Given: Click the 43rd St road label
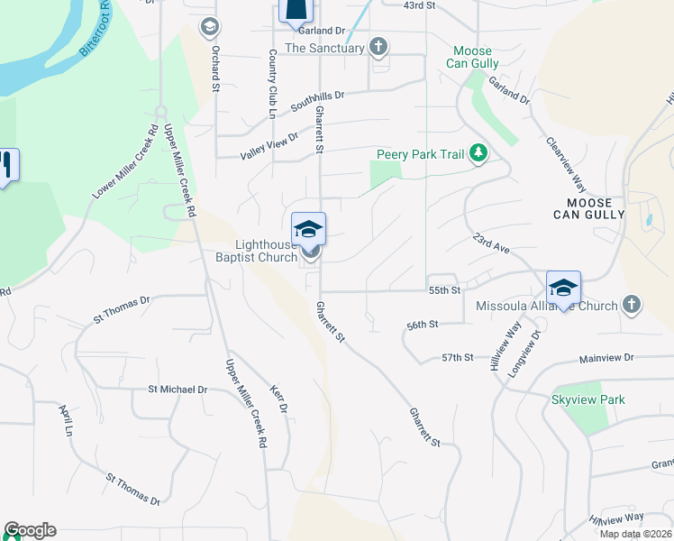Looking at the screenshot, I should (419, 5).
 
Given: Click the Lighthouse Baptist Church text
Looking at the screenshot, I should (267, 251).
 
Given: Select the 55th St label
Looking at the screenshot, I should (445, 290).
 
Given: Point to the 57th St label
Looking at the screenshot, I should (458, 358).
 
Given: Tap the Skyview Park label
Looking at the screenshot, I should (588, 399).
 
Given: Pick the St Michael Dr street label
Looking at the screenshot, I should (178, 390).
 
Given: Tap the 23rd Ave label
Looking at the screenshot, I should (491, 243).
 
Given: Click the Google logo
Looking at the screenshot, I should (30, 530).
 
